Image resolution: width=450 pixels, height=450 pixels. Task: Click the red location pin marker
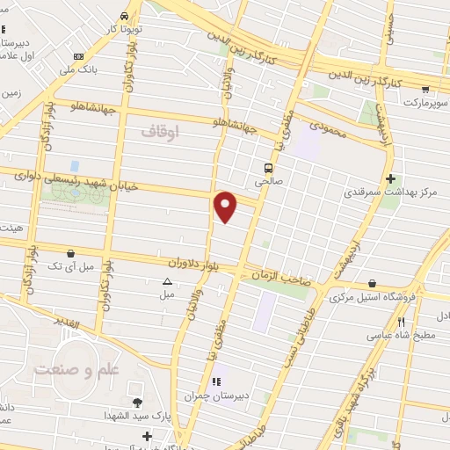[226, 207]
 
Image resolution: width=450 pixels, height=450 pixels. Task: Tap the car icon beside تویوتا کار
[125, 17]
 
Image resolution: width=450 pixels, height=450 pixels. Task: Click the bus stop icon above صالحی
[267, 168]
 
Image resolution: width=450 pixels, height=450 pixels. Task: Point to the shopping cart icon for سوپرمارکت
[425, 89]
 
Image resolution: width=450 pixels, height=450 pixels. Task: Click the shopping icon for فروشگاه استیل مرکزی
[374, 284]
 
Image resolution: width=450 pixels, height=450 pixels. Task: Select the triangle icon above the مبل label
[167, 282]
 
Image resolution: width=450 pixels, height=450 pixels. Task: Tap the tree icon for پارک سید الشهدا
[136, 403]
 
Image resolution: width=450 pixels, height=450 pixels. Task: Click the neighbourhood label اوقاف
[159, 131]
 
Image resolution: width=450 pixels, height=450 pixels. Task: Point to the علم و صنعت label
[76, 370]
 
